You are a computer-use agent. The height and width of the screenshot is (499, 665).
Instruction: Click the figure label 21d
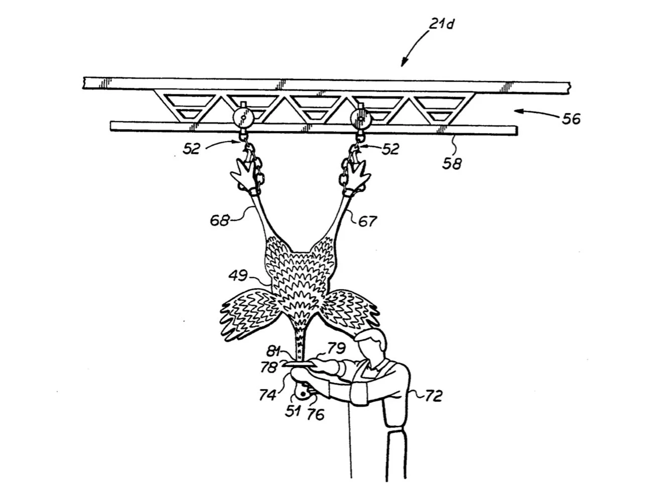442,24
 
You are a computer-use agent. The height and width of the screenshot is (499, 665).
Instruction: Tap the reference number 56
571,119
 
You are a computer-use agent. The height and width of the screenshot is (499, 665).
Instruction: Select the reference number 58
452,163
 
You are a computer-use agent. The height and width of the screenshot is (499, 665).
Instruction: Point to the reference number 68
219,220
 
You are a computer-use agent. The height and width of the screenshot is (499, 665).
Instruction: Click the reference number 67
367,220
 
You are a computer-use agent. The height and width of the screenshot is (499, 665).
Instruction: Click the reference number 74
268,395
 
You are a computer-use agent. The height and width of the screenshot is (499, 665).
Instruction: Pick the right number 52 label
390,149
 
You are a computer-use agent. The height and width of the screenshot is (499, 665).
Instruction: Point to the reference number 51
293,411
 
